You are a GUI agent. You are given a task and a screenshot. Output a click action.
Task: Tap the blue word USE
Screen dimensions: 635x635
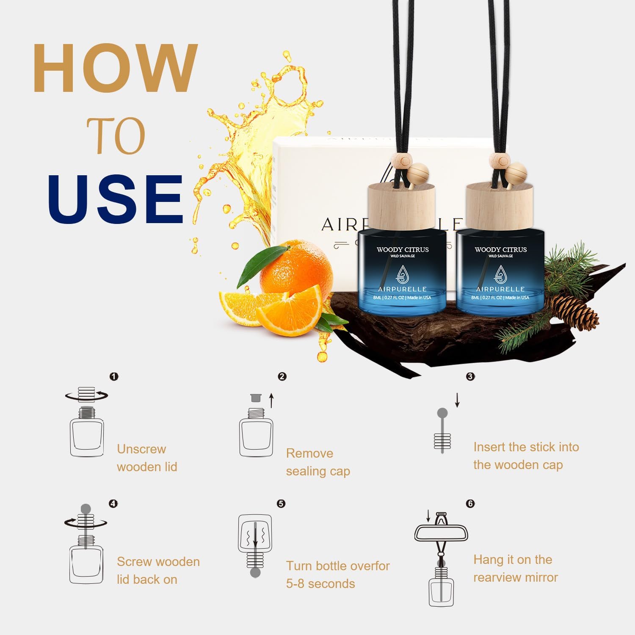pos(115,199)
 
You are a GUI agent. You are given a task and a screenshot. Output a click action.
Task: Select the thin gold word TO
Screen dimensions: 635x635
pos(116,136)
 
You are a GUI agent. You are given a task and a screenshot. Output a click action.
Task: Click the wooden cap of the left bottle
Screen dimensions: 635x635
pos(401,207)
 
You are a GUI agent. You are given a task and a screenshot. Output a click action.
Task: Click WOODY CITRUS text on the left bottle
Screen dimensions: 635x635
pos(403,250)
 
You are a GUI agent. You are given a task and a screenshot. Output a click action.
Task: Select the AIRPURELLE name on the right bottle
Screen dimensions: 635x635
pos(500,289)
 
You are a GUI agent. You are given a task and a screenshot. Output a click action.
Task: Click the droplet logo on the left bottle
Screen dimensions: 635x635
pos(402,274)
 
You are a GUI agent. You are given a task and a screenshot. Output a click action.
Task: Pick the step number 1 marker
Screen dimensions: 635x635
pos(114,376)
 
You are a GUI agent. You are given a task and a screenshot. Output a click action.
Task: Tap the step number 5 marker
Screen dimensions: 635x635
pos(281,503)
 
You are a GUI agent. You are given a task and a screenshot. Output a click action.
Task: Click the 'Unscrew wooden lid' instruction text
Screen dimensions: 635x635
pos(146,458)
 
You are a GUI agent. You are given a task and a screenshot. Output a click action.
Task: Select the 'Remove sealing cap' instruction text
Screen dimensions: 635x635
pos(317,462)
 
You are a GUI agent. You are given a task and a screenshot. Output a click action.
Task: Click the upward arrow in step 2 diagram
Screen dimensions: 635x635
pos(272,400)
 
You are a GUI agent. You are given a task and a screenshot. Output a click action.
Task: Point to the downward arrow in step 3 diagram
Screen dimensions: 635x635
pos(457,400)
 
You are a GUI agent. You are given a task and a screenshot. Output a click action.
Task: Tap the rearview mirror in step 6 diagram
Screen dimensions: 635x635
pos(441,533)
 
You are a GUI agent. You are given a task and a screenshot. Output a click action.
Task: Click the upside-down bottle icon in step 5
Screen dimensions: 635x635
pos(255,544)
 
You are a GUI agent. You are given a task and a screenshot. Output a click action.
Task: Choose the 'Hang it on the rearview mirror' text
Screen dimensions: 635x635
pos(515,568)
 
